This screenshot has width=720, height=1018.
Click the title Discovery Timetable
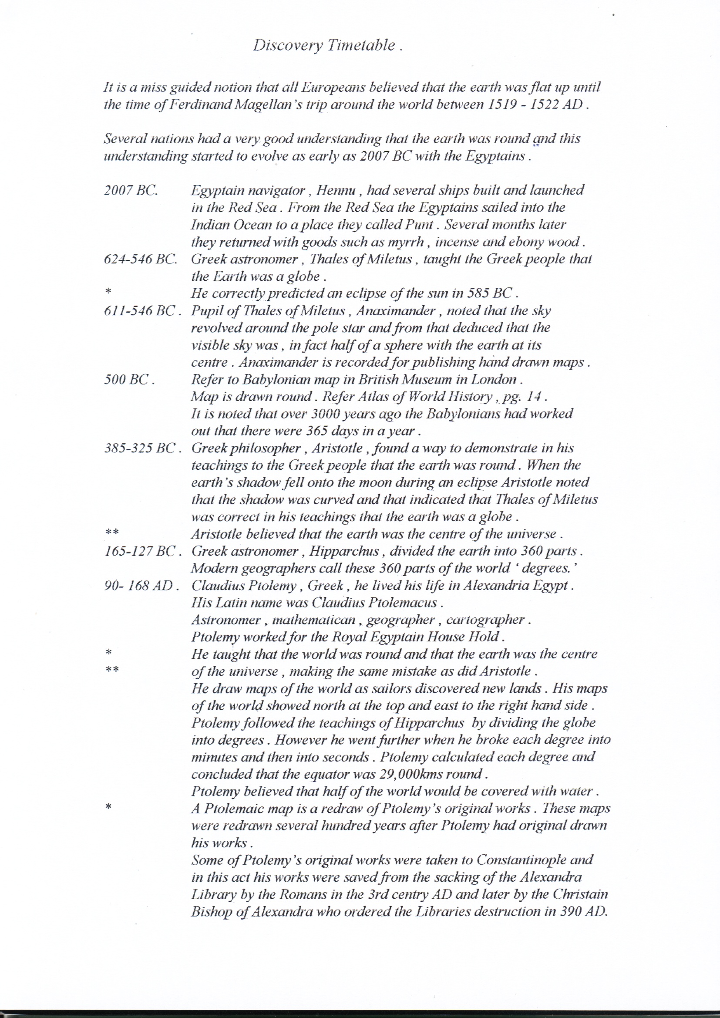click(x=328, y=46)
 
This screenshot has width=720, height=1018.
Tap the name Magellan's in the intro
click(x=279, y=104)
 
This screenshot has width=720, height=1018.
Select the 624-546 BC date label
click(x=141, y=260)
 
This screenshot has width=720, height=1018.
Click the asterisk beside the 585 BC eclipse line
click(x=108, y=292)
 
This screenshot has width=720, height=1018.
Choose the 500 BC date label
click(x=129, y=380)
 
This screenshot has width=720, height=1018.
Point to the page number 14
click(x=533, y=397)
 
